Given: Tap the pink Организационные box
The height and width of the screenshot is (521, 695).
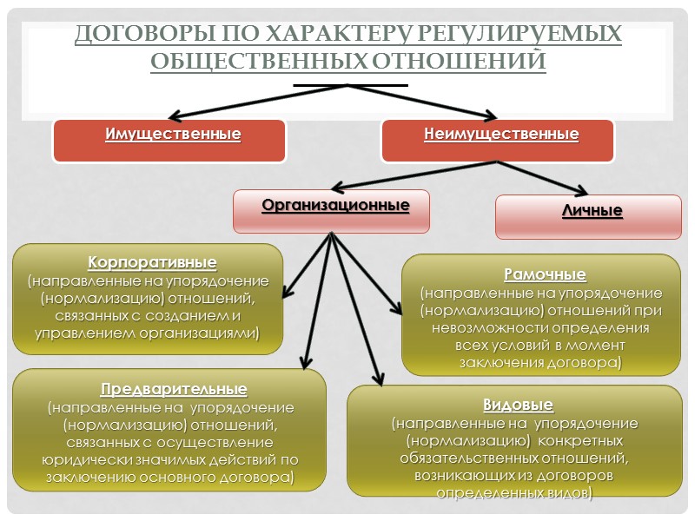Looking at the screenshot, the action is point(332,211).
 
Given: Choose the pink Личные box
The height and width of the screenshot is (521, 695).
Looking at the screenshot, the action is point(588,216).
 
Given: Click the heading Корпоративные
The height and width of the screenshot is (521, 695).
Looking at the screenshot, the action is point(152,262).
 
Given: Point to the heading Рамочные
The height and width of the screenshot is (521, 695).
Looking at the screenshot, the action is point(545,274).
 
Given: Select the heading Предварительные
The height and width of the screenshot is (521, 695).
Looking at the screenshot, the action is point(174,388).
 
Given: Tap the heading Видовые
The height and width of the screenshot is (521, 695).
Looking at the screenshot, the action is point(518,405).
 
